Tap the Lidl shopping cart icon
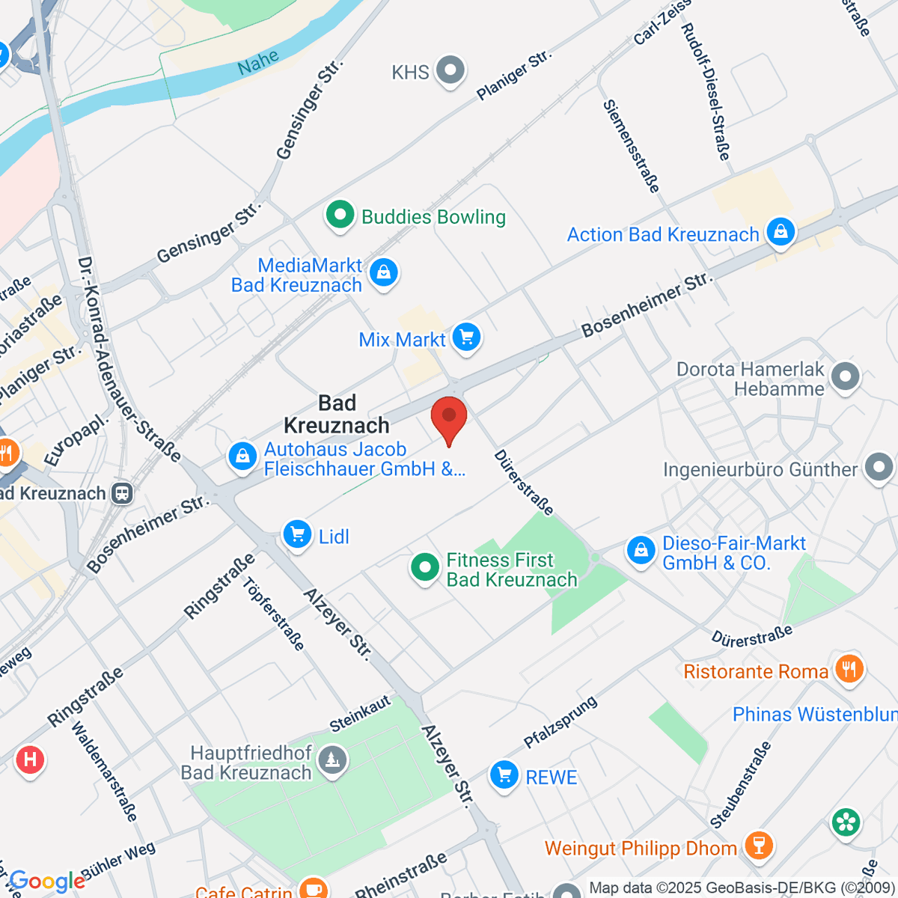click(298, 535)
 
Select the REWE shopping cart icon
click(504, 775)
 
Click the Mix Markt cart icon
click(467, 337)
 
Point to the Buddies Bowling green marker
click(340, 216)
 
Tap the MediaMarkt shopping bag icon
click(384, 272)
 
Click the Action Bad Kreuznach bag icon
click(781, 232)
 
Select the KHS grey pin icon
click(450, 71)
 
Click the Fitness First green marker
click(425, 567)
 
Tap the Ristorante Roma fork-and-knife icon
click(848, 668)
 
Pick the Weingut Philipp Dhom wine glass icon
click(759, 846)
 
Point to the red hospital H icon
click(30, 760)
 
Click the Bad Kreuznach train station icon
click(122, 493)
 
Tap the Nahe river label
click(258, 62)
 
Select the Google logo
click(47, 882)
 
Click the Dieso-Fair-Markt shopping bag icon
click(641, 551)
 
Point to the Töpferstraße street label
click(274, 614)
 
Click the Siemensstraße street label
click(632, 146)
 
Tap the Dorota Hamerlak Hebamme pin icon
click(846, 376)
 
